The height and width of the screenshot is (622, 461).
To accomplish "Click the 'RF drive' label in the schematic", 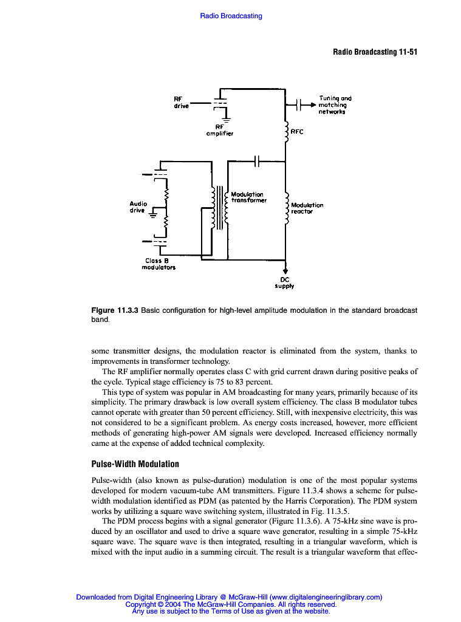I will [x=181, y=102].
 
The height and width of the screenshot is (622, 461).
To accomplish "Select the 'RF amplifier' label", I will [x=219, y=130].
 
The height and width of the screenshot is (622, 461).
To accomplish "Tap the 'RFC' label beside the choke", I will [x=297, y=131].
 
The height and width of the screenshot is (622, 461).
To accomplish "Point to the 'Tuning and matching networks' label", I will [x=335, y=104].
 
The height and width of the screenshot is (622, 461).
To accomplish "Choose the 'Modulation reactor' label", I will [x=307, y=208].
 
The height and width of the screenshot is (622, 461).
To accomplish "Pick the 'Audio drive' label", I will [x=138, y=207].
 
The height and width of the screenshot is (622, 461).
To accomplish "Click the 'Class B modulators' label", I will [x=159, y=264].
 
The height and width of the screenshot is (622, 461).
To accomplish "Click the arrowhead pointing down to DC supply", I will [x=285, y=271].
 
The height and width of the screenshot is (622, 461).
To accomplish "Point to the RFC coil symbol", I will [x=286, y=132].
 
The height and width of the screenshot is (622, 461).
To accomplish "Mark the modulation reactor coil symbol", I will [x=286, y=208].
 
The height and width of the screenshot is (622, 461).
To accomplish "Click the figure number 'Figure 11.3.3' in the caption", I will [x=115, y=310].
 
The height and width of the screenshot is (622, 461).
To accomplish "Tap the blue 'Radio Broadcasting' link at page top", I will [x=231, y=16].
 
